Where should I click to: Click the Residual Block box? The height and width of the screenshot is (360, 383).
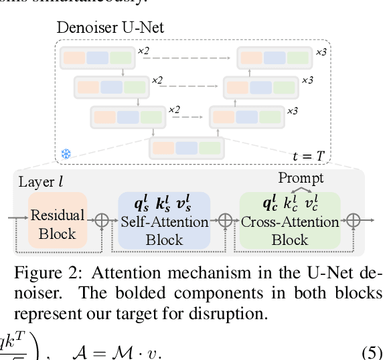tap(57, 224)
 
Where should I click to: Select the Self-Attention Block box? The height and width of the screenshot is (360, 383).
tap(164, 221)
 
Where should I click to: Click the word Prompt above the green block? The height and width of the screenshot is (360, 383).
tap(301, 178)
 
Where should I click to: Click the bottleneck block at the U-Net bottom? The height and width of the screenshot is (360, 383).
tap(186, 148)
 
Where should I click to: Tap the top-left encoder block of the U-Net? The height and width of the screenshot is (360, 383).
tap(96, 58)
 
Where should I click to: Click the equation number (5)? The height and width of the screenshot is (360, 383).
tap(371, 352)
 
